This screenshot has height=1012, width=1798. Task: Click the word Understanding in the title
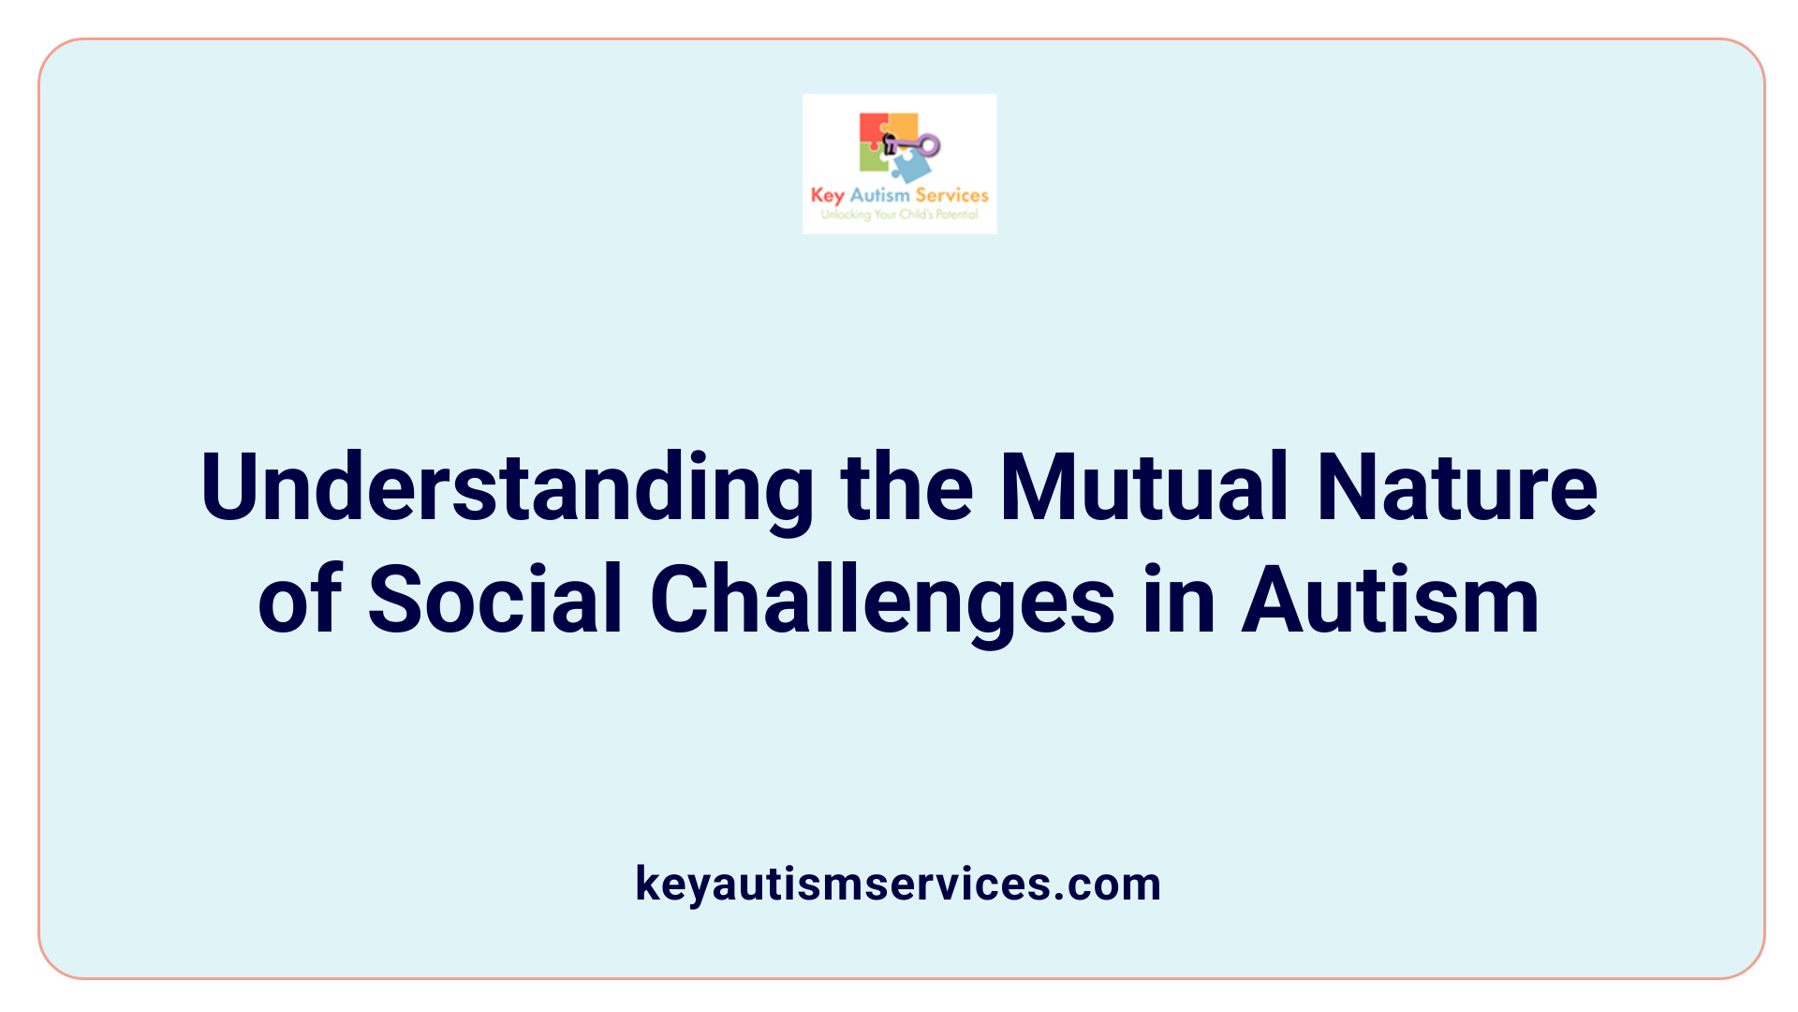pos(507,488)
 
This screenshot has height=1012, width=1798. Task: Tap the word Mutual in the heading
pos(1143,488)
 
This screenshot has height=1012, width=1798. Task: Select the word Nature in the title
pos(1456,488)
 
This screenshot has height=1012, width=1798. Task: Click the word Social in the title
pos(495,600)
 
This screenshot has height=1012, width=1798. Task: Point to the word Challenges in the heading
pos(882,600)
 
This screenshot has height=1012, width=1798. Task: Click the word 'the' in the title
pos(906,488)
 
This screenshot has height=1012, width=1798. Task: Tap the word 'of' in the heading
pos(300,600)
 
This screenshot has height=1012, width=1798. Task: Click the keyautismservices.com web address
pos(898,884)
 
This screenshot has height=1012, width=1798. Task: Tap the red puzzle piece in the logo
pos(872,128)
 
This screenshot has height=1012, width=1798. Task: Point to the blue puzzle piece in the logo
pos(910,168)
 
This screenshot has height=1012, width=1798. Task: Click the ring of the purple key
pos(929,144)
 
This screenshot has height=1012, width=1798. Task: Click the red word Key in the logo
pos(827,196)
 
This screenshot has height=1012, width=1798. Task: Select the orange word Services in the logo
pos(951,195)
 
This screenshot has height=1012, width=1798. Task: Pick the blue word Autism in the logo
pos(879,195)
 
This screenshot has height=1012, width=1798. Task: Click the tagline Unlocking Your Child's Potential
pos(899,215)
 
